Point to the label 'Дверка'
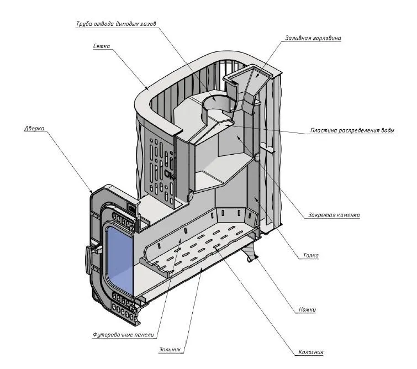coord(34,128)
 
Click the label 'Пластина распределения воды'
coord(352,131)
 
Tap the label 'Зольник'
coord(171,349)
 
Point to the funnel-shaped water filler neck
coord(247,83)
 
